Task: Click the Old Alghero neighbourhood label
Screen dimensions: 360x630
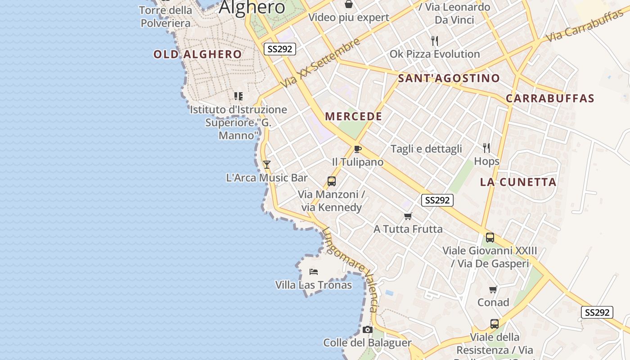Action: click(x=198, y=54)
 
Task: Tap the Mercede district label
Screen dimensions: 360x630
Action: click(x=354, y=117)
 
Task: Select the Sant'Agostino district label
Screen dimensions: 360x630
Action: click(x=449, y=78)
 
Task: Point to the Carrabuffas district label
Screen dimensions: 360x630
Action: click(x=550, y=99)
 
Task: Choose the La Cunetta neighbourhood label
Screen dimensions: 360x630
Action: click(x=518, y=182)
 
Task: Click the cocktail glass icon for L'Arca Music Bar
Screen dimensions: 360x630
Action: click(x=267, y=165)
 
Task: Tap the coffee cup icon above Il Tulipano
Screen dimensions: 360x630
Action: click(x=358, y=149)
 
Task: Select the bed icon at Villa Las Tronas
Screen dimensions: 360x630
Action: click(x=314, y=271)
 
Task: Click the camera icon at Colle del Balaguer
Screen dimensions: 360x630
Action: click(x=368, y=330)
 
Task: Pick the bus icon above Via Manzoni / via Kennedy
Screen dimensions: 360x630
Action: click(x=332, y=181)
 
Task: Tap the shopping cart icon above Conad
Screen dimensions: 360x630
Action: click(x=493, y=289)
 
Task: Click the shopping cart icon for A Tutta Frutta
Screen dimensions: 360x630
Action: click(x=408, y=216)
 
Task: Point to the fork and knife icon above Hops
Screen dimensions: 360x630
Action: click(x=486, y=148)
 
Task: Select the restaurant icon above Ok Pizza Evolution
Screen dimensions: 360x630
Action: click(x=435, y=41)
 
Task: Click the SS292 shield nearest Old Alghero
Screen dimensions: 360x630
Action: click(x=280, y=49)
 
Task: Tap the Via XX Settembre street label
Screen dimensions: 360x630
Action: click(x=321, y=63)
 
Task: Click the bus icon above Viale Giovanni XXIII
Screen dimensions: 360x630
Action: click(x=490, y=237)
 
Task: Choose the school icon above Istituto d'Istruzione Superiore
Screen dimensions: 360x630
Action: click(x=238, y=96)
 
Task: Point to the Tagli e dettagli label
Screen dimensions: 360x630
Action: click(x=426, y=149)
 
